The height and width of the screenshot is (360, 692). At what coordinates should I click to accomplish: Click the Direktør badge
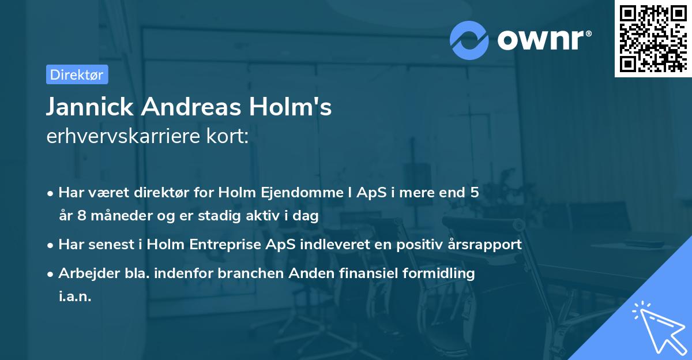pos(77,74)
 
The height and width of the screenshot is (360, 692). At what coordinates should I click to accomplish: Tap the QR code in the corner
pos(651,38)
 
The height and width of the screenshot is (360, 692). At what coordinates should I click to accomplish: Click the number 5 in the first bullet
pos(474,193)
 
